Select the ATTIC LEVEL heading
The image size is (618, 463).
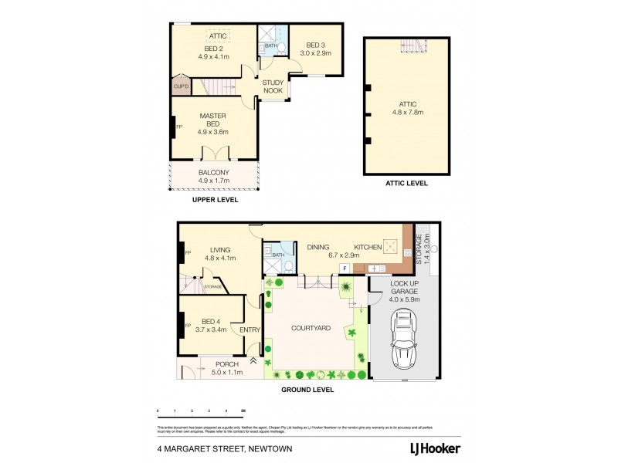pyautogui.click(x=406, y=184)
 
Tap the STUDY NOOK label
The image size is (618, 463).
pyautogui.click(x=273, y=86)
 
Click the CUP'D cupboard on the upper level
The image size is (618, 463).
pyautogui.click(x=181, y=86)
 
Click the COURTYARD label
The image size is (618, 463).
pyautogui.click(x=311, y=328)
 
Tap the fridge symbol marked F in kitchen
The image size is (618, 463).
pyautogui.click(x=345, y=268)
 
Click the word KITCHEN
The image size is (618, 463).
pyautogui.click(x=368, y=247)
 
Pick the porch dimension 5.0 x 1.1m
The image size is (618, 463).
pyautogui.click(x=227, y=372)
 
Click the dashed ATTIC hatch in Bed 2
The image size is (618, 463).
pyautogui.click(x=217, y=35)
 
